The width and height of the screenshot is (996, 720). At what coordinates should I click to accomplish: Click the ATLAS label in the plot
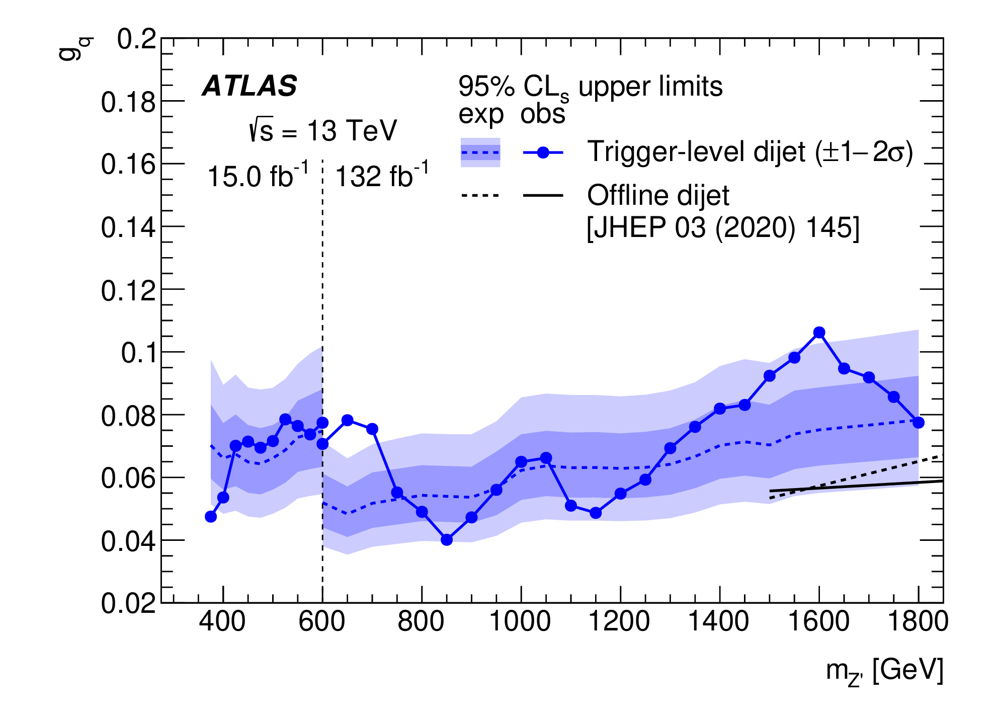click(250, 86)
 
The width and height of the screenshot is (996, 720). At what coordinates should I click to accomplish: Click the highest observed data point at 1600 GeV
click(819, 333)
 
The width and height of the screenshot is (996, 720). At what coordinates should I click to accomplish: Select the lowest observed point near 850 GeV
click(447, 540)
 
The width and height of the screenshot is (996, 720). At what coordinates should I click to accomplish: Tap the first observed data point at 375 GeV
click(211, 517)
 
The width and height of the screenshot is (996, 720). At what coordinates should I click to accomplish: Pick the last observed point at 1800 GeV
click(919, 423)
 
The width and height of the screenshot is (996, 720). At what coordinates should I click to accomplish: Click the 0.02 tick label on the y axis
click(128, 603)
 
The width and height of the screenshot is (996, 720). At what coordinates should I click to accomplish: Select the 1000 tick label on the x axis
click(520, 621)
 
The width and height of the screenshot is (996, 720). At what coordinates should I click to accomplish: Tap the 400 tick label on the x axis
click(222, 621)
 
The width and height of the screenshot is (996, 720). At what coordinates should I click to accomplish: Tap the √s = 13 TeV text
click(323, 131)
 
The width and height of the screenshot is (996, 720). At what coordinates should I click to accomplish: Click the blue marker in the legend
click(543, 152)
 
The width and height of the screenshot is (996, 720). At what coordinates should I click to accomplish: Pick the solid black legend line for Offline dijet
click(543, 195)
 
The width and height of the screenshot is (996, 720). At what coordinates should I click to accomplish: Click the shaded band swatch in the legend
click(480, 152)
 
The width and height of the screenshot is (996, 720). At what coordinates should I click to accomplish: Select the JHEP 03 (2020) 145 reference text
click(723, 228)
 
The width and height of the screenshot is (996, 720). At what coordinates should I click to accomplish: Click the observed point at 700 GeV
click(372, 429)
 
